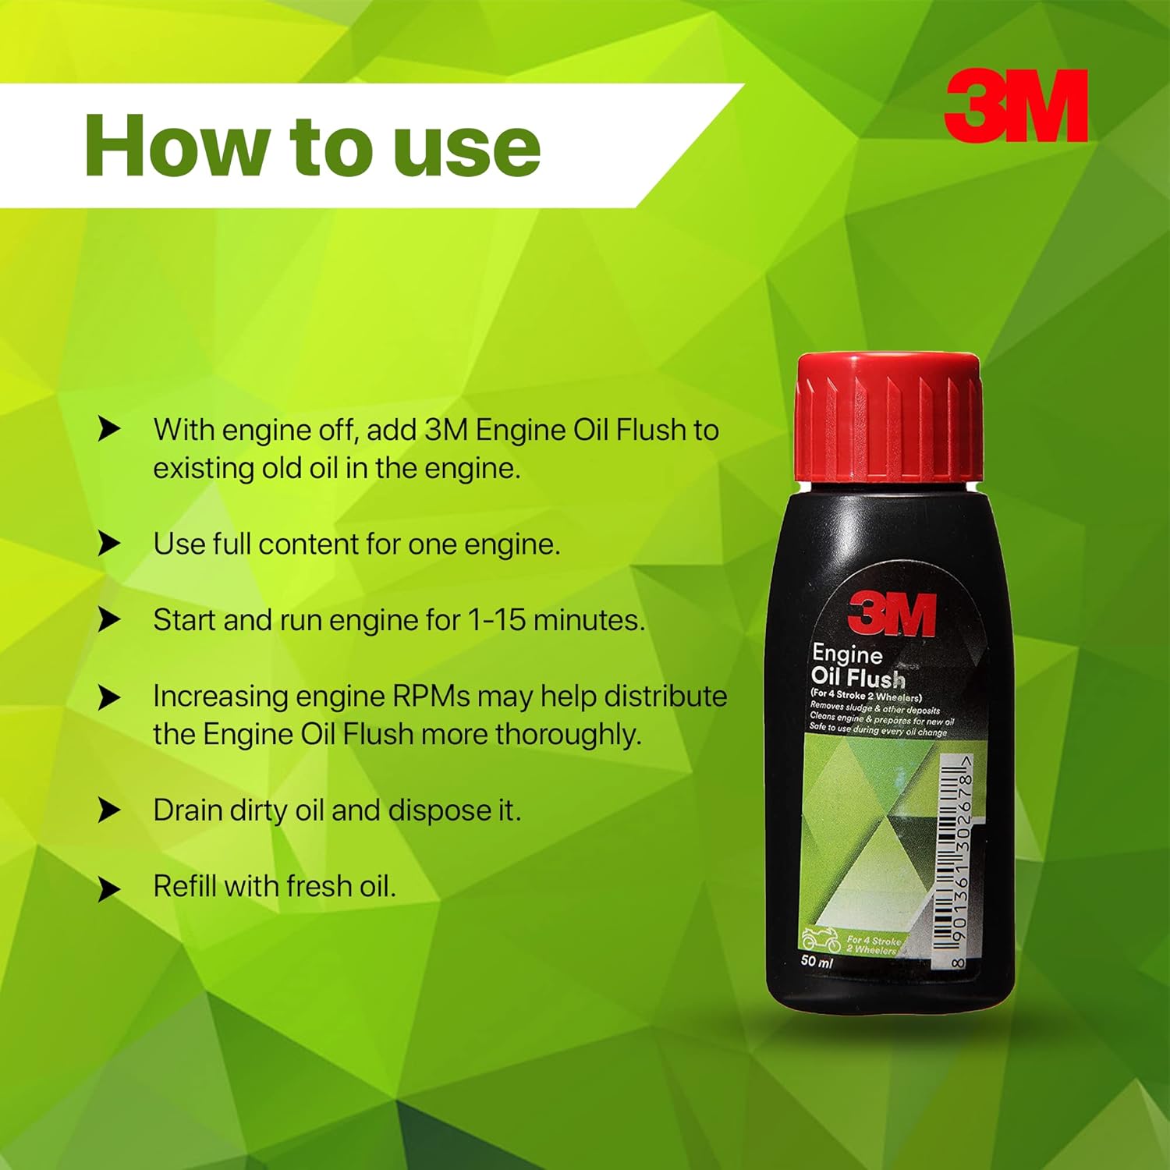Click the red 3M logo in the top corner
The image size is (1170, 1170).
tap(1016, 105)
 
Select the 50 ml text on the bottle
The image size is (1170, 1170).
tap(817, 961)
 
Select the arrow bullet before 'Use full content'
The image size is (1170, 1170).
tap(109, 544)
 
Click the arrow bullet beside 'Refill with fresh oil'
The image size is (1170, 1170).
tap(109, 888)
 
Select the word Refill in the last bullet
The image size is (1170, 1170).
tap(185, 886)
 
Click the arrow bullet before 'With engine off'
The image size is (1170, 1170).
tap(109, 429)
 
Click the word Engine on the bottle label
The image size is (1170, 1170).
tap(847, 654)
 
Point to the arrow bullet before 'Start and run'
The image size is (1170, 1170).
tap(109, 620)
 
